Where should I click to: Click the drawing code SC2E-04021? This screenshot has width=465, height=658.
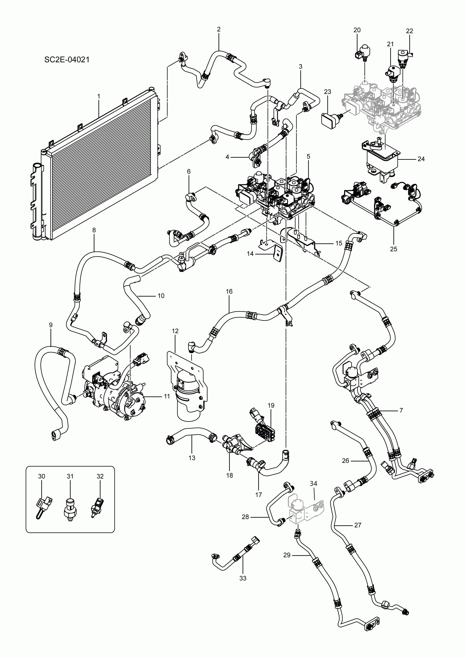(x=67, y=60)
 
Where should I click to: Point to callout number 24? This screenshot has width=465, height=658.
(x=421, y=159)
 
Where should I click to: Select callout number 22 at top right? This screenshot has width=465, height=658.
(x=409, y=31)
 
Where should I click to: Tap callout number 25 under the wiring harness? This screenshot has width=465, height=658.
(x=394, y=249)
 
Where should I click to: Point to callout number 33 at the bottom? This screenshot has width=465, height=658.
(x=243, y=578)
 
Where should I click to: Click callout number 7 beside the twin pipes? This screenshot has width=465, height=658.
(x=401, y=410)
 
